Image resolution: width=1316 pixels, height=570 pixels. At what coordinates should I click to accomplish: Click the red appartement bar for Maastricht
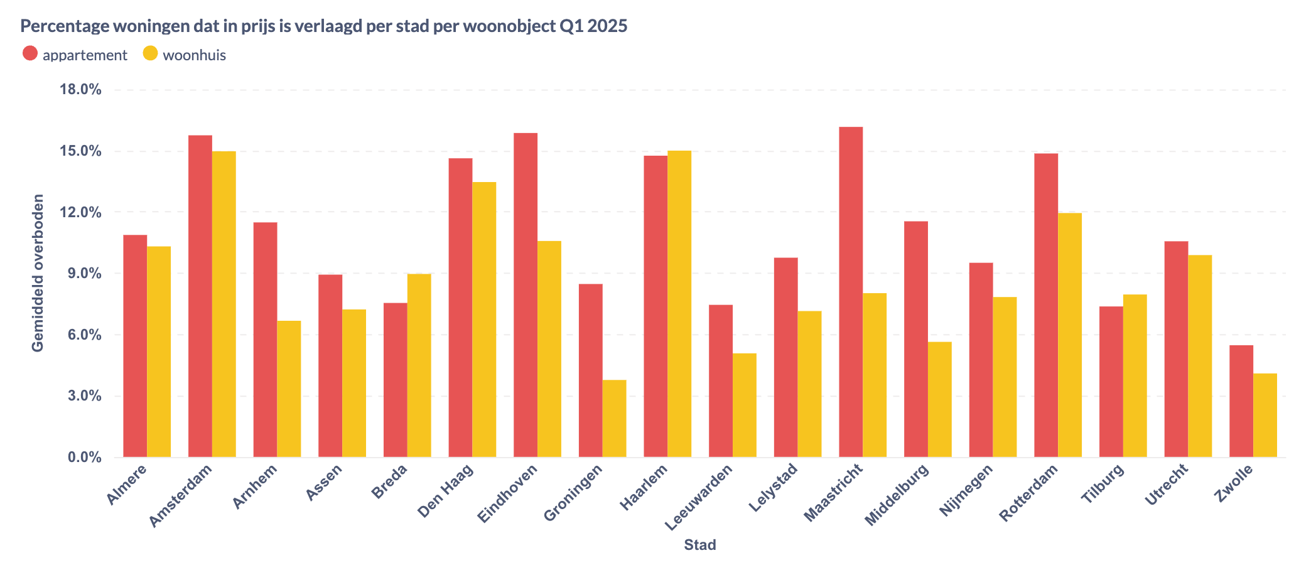point(851,292)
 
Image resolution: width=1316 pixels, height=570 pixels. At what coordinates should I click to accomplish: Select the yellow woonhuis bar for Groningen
point(614,419)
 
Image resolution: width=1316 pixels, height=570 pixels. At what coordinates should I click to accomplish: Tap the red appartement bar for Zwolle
point(1241,401)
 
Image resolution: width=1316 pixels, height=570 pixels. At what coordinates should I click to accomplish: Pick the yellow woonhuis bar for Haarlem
point(679,304)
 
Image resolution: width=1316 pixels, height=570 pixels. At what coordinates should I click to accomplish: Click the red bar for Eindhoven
point(526,295)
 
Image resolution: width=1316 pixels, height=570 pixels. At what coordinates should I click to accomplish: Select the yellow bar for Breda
point(419,365)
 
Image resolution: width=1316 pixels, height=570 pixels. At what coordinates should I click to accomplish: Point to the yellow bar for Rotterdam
point(1070,335)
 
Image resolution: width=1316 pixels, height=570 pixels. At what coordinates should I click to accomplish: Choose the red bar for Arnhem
point(265,340)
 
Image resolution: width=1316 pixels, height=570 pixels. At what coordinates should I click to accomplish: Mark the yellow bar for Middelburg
point(940,399)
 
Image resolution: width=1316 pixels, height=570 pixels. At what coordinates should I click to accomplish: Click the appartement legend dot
point(30,54)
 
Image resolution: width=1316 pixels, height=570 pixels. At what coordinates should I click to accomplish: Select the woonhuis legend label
point(194,55)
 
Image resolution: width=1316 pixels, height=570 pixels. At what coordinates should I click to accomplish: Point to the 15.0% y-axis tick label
point(80,151)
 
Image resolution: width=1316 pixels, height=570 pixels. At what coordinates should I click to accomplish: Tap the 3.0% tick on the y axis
point(80,396)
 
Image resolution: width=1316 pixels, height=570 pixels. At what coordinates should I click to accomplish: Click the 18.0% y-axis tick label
point(80,90)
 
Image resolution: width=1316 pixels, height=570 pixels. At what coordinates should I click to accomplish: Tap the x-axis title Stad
point(699,545)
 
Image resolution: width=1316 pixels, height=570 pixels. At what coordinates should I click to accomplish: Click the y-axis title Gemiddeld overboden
point(38,273)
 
